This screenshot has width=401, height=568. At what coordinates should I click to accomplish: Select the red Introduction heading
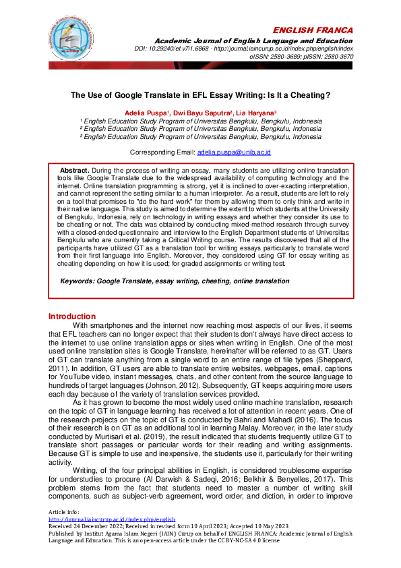pyautogui.click(x=72, y=316)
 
